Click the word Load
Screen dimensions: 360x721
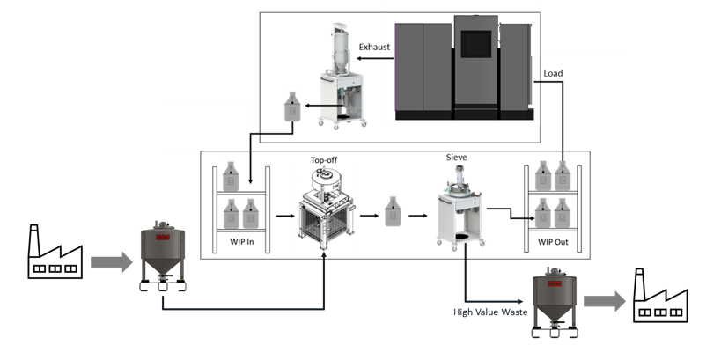[554, 73]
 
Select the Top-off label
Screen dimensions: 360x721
[323, 162]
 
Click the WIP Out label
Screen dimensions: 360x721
[553, 241]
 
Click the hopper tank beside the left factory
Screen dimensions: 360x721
[163, 258]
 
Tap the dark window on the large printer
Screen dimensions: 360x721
[475, 44]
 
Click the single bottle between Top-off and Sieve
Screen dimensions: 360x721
[394, 211]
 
